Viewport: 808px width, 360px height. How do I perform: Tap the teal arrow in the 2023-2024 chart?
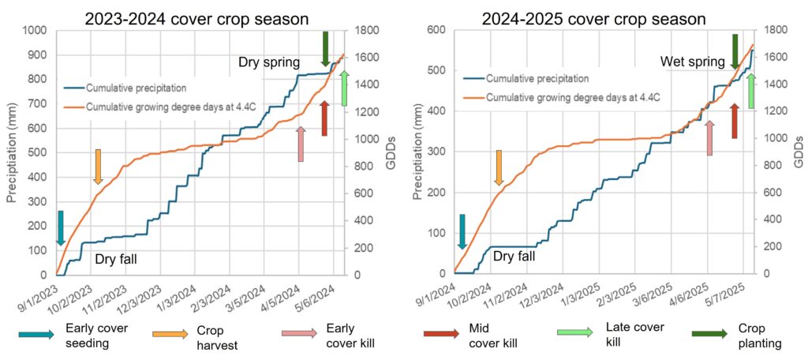[60, 228]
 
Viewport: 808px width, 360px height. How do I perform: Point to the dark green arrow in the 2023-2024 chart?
[325, 49]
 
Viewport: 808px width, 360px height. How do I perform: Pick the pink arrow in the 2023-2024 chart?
[300, 144]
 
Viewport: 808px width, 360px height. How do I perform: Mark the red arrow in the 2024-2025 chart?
[735, 121]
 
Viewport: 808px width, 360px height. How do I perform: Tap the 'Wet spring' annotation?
[692, 62]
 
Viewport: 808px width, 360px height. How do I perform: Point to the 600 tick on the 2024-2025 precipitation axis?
[437, 31]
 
